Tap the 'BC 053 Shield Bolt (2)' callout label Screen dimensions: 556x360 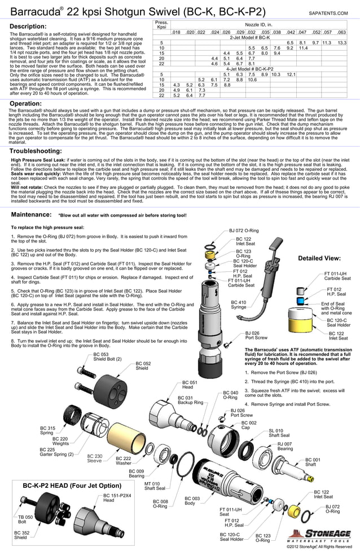pos(107,357)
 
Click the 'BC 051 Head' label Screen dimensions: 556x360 pos(189,385)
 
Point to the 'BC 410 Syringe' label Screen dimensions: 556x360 pos(239,305)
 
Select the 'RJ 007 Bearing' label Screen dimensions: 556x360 pos(285,447)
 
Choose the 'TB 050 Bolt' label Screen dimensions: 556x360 pos(25,519)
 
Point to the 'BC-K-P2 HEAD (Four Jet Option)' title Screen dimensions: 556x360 pos(72,486)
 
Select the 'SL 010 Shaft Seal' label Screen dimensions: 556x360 pos(279,433)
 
